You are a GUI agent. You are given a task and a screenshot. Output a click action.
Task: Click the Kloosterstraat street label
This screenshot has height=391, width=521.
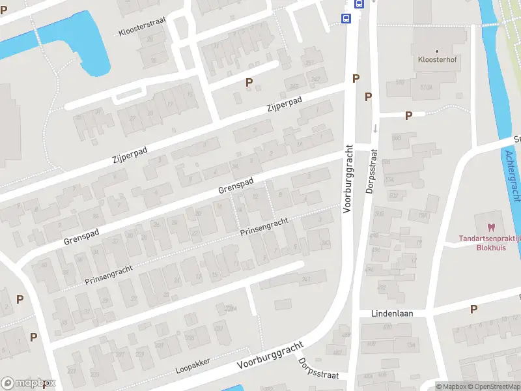(142, 27)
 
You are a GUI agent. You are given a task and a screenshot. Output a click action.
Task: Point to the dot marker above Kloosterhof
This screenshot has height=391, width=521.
(436, 51)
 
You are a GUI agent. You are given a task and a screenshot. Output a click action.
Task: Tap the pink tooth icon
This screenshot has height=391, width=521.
(491, 227)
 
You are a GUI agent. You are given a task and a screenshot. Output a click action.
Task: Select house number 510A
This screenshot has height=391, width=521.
(427, 87)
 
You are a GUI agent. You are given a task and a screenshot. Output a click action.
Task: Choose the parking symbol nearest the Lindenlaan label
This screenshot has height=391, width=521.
(473, 309)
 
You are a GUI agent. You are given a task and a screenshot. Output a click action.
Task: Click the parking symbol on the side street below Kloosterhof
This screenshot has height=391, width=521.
(408, 116)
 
